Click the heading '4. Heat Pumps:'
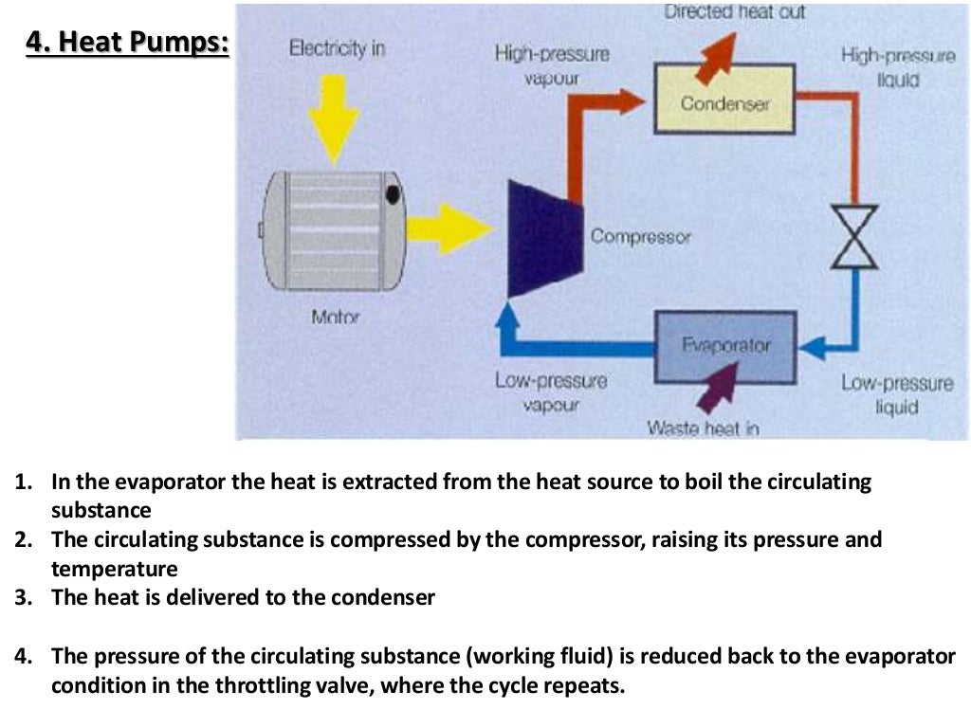[127, 45]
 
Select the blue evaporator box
[725, 346]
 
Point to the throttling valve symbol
[854, 237]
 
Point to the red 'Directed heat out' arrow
[718, 55]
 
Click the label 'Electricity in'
[337, 48]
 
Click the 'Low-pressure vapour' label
[551, 392]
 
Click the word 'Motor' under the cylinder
[336, 318]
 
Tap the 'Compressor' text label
[641, 237]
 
